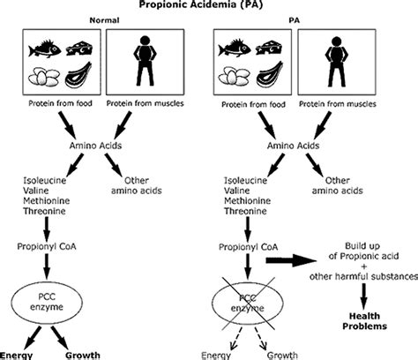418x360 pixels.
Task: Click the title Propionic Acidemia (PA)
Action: [201, 4]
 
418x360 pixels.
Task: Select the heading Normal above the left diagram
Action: [104, 20]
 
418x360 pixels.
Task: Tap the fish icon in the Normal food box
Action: [45, 49]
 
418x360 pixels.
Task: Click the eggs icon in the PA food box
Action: [234, 77]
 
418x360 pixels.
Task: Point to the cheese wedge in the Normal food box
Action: [79, 49]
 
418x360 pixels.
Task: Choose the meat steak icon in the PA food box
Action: [270, 74]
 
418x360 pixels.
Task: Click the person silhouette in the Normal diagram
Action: [145, 61]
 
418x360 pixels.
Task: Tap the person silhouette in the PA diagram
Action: [336, 62]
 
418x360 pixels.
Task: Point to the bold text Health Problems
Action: [364, 321]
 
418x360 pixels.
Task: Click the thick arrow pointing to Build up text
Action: [291, 260]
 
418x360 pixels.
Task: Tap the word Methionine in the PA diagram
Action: [247, 201]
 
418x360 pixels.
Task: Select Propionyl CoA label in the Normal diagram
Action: [47, 246]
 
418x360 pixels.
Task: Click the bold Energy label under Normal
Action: [16, 356]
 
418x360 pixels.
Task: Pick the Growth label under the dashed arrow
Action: [282, 356]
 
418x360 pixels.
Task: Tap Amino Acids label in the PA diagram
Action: [293, 146]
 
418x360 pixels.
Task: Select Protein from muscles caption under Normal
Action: [145, 103]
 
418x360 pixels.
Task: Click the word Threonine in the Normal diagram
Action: [44, 211]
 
